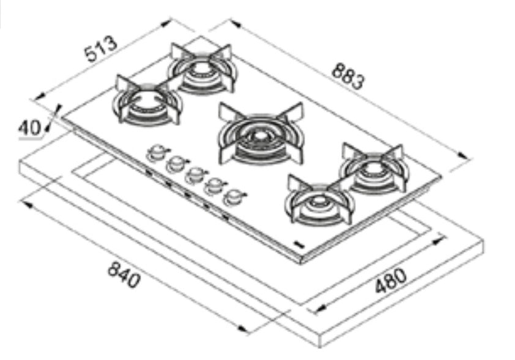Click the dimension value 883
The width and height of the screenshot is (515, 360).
pos(349,76)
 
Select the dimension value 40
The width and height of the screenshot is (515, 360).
pos(29,128)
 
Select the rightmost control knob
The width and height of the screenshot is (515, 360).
pos(234,197)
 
